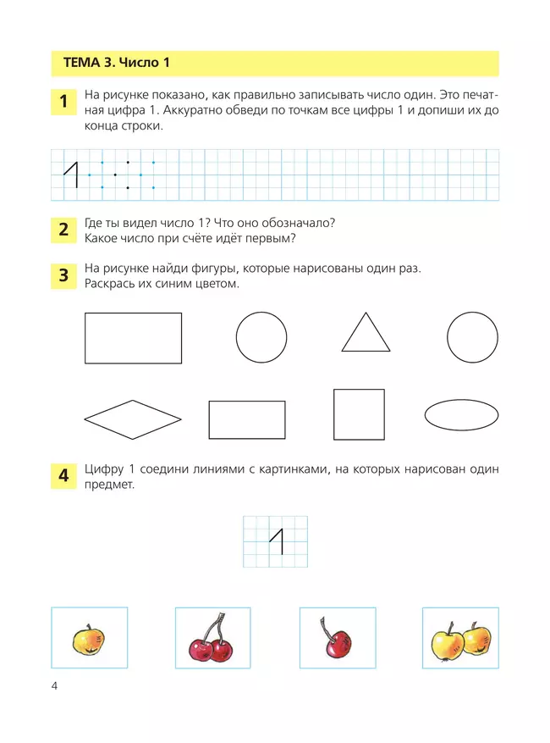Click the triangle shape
366,335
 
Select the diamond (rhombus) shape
133,419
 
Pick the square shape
359,414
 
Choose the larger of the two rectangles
133,337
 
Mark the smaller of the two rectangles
247,419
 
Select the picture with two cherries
212,642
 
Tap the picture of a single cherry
332,641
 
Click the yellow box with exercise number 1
63,103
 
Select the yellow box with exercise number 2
63,229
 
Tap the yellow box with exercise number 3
63,275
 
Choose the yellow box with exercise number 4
63,477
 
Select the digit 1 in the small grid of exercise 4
276,541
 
